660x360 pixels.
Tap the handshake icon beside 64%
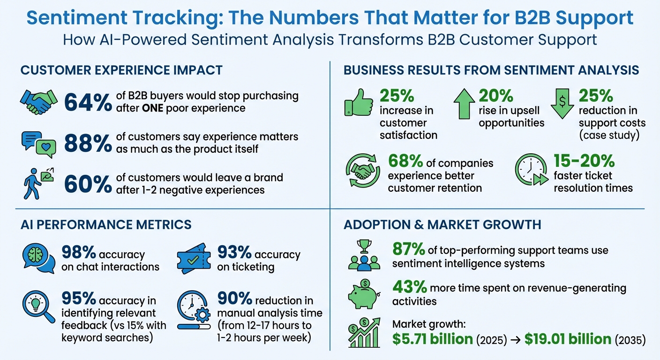tap(39, 102)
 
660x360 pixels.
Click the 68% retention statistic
tap(405, 162)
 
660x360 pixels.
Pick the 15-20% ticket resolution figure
tap(584, 161)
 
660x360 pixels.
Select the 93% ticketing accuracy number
tap(234, 254)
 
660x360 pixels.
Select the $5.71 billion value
tap(432, 339)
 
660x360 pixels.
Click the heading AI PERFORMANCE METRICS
tap(106, 225)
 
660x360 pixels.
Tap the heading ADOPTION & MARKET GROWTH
tap(442, 225)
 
